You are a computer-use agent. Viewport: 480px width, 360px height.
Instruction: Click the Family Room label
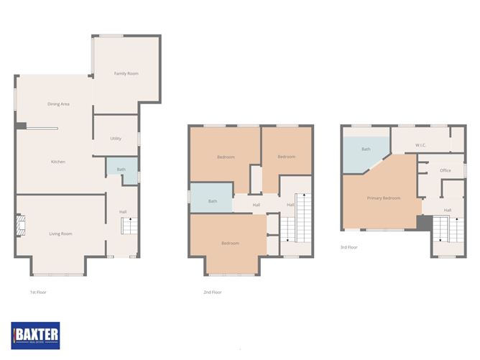[x=126, y=74]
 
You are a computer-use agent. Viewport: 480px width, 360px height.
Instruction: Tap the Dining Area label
[x=58, y=104]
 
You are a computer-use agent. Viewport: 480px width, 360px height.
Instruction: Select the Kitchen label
[x=58, y=162]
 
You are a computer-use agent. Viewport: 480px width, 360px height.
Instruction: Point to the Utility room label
[x=116, y=138]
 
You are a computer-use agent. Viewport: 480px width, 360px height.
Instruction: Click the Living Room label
[x=60, y=234]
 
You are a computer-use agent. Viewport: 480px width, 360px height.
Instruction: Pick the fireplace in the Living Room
[x=22, y=226]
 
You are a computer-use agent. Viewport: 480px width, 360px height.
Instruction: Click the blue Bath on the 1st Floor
[x=121, y=170]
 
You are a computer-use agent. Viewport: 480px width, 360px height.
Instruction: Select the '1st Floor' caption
[x=37, y=292]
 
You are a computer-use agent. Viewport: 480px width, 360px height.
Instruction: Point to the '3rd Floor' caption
[x=349, y=247]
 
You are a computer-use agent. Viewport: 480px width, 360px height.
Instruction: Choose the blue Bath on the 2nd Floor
[x=212, y=201]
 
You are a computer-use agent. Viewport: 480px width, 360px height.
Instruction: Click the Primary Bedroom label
[x=383, y=198]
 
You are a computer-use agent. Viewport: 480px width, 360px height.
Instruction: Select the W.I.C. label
[x=421, y=146]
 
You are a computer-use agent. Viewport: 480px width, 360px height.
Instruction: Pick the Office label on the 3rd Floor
[x=446, y=170]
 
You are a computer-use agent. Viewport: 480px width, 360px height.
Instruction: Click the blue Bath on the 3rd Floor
[x=366, y=149]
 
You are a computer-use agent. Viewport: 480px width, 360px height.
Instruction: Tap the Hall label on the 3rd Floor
[x=448, y=210]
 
